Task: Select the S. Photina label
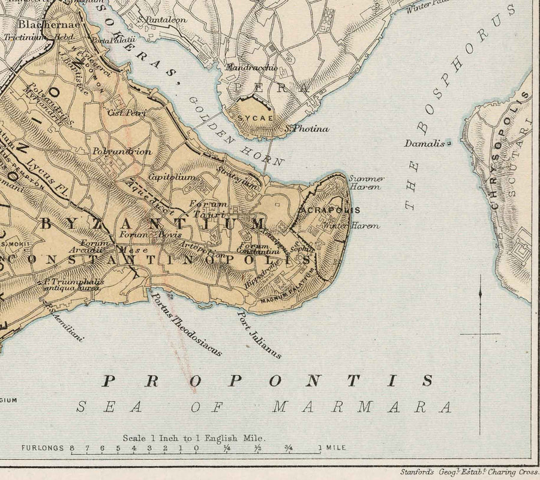coord(307,129)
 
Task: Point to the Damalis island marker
coord(448,144)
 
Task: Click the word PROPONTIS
coord(268,380)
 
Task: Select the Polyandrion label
coord(122,152)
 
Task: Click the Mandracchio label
coord(250,68)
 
